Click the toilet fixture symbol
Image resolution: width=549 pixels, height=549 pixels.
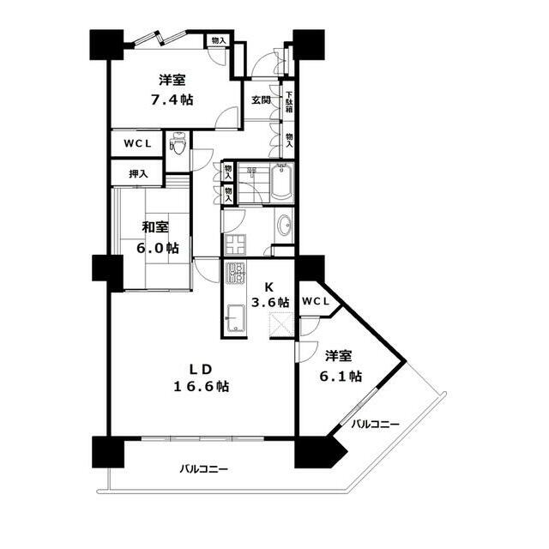178,143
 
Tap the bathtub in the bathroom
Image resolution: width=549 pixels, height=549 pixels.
282,181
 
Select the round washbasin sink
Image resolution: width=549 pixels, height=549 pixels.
284,225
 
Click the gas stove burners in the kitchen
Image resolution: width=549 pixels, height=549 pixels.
235,273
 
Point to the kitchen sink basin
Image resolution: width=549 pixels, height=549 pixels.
236,318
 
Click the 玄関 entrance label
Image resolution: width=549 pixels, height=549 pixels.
262,100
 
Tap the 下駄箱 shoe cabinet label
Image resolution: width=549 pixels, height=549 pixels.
289,102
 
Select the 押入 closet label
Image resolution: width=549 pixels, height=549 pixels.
138,173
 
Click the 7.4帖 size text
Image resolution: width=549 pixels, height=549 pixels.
172,100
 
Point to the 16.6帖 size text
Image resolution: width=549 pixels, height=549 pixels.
202,386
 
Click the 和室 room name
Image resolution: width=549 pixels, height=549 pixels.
155,227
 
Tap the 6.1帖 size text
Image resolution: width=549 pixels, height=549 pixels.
341,376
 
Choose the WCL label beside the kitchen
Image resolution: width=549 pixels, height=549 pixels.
316,301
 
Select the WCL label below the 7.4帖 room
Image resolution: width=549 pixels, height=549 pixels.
137,143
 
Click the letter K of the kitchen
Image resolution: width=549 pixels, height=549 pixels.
268,287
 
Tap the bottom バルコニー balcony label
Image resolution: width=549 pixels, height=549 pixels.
204,468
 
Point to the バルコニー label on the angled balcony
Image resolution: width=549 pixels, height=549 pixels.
376,425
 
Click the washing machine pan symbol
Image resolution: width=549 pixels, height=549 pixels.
235,244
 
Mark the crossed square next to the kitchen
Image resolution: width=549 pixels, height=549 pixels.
282,326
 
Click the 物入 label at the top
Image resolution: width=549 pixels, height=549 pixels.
219,40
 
